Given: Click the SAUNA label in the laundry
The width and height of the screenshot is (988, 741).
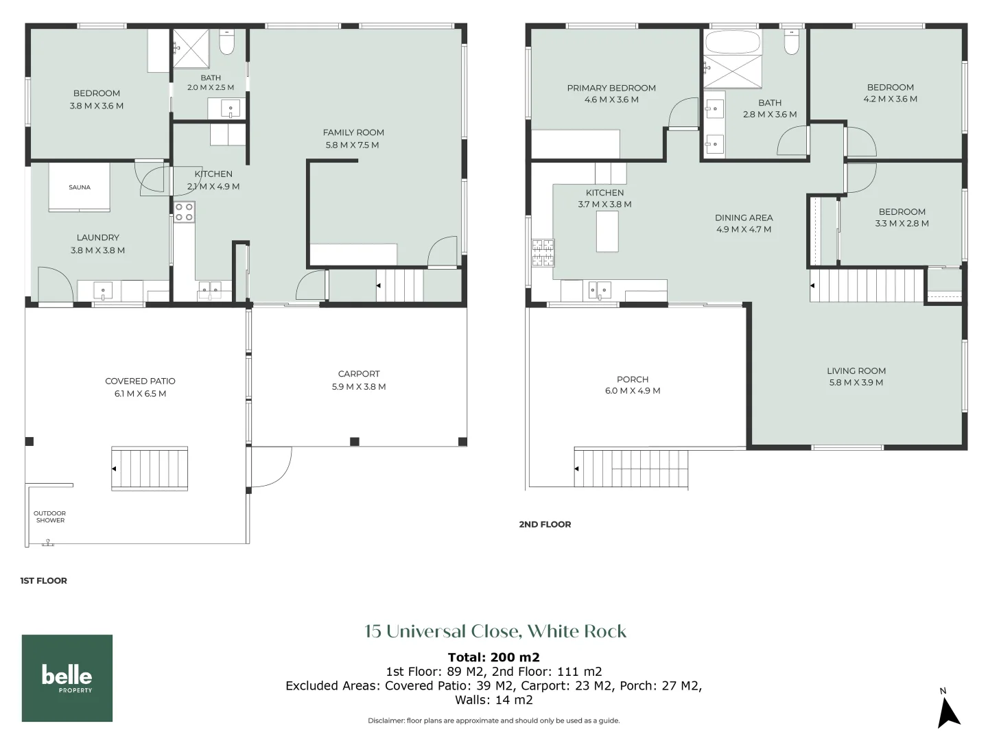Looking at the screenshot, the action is (x=80, y=187).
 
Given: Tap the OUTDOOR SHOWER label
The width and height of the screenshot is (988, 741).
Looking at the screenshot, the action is (x=50, y=517).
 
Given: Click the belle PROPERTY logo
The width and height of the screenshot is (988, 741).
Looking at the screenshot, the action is (x=67, y=678).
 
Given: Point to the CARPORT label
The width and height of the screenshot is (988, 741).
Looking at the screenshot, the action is (x=359, y=374).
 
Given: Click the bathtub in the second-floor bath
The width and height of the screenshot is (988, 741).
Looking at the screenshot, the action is (x=732, y=42).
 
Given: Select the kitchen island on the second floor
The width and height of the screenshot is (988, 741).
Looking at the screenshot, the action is (x=607, y=231).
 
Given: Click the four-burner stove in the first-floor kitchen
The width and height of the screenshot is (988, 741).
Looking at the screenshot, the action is (x=184, y=212).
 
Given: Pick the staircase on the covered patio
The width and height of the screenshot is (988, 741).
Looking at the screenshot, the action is (x=150, y=469).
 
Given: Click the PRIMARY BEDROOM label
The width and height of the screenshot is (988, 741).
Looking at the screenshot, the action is (x=611, y=89).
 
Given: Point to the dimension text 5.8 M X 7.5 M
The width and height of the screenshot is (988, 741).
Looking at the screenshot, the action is (x=353, y=145).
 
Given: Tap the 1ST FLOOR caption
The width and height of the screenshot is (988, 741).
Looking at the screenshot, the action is (x=44, y=580).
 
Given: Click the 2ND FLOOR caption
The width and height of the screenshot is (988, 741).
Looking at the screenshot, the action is (x=545, y=524).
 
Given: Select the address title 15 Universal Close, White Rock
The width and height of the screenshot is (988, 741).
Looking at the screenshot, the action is (x=495, y=631).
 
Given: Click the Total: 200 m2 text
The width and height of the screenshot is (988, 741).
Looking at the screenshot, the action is (x=494, y=657).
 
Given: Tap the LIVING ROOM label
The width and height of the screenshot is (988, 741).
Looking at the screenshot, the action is (x=856, y=371).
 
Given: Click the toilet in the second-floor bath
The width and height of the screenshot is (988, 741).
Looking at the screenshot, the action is (x=791, y=43).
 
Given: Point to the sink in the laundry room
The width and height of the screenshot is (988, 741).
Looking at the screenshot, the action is (x=103, y=291).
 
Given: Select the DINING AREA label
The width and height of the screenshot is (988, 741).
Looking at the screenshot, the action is (x=744, y=217).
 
